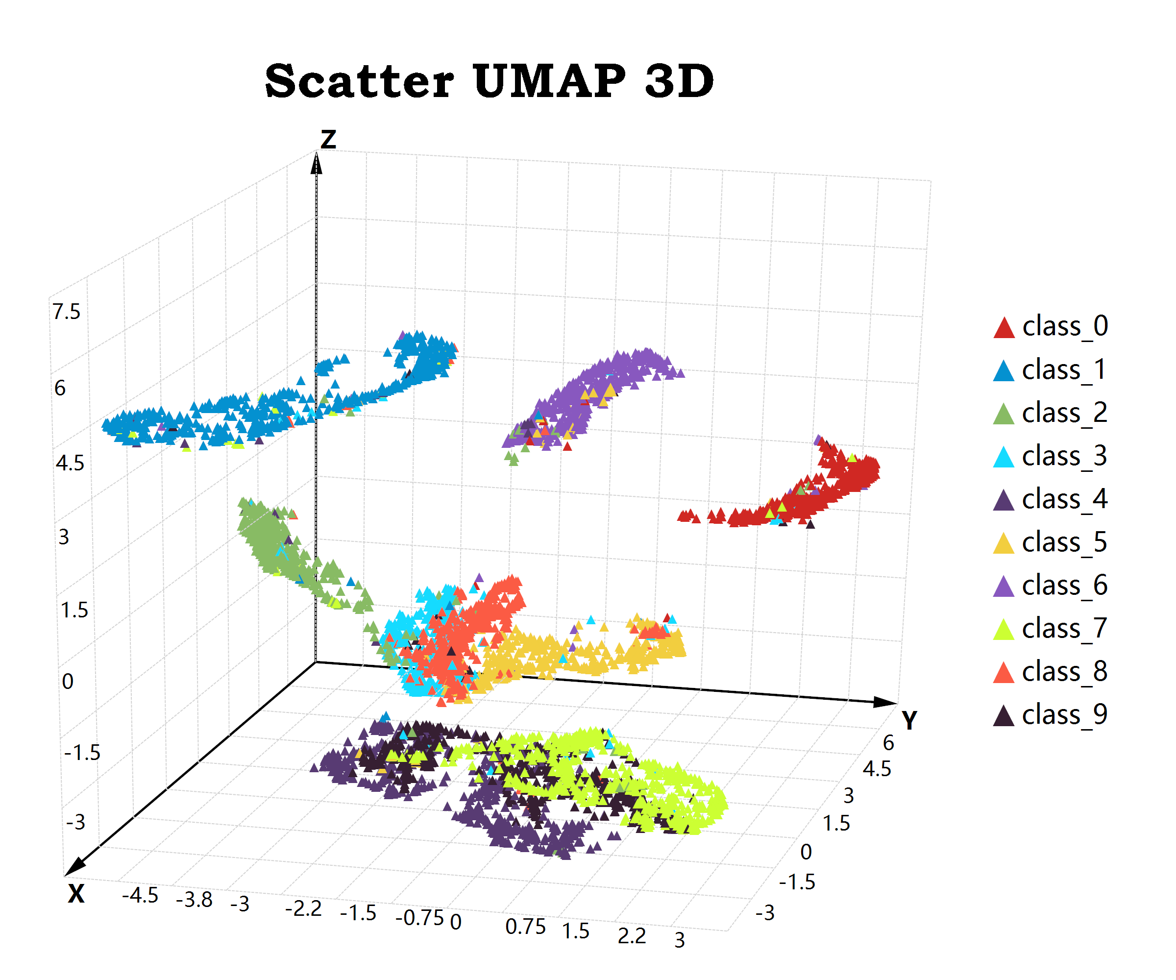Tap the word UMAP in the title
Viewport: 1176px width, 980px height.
(x=549, y=81)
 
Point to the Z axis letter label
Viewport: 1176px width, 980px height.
(x=328, y=140)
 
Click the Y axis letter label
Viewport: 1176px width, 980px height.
(x=909, y=721)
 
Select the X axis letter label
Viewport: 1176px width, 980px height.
(x=76, y=894)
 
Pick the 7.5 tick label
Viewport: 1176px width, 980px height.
(x=67, y=312)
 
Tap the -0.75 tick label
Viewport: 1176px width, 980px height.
(x=419, y=918)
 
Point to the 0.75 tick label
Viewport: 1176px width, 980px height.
(x=525, y=927)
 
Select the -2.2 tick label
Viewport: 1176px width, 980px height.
(x=303, y=908)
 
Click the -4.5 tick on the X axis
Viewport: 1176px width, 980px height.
(x=140, y=895)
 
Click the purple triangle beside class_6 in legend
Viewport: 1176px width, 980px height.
(x=1004, y=587)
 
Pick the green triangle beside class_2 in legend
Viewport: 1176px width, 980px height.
(x=1004, y=415)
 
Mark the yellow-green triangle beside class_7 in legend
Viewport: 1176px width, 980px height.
(x=1004, y=630)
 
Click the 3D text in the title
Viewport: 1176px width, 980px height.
(x=679, y=81)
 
